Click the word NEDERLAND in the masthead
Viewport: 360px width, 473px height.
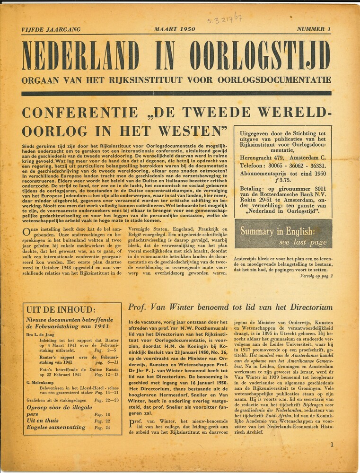click(80, 55)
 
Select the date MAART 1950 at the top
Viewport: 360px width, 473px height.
click(174, 29)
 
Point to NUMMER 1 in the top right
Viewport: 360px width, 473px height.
click(314, 29)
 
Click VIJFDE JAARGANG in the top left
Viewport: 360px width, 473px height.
click(51, 29)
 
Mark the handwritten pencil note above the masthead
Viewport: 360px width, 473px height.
click(225, 19)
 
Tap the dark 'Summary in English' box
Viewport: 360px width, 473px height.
click(283, 234)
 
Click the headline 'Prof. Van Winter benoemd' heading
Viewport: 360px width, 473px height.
click(230, 307)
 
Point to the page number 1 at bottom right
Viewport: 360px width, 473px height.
click(332, 445)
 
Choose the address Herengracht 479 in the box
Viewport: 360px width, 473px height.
click(265, 157)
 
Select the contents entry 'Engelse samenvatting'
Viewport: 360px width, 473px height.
click(56, 428)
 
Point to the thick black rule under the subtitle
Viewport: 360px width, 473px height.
click(176, 93)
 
